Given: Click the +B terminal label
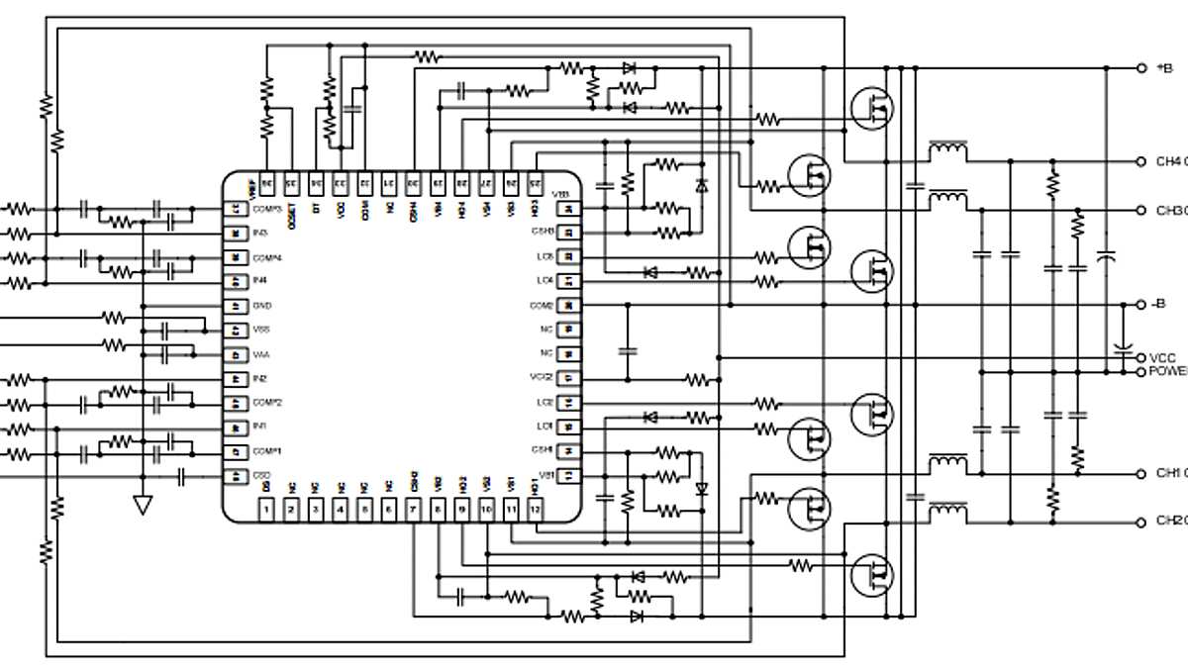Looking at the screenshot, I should (1164, 68).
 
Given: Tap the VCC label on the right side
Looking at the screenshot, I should (1163, 357).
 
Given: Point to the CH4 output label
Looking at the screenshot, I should (1169, 161).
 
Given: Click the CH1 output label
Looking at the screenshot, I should (1169, 473).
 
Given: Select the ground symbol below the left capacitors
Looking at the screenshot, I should (143, 505).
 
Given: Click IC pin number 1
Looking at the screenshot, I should (266, 510).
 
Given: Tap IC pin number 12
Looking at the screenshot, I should (535, 510).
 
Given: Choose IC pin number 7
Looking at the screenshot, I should (413, 510).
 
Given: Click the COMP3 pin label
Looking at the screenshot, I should (268, 209).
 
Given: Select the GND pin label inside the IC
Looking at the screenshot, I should (262, 306).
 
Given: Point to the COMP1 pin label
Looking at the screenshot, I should (267, 451).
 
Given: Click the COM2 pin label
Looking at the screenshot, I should (542, 306).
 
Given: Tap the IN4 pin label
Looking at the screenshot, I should (260, 281).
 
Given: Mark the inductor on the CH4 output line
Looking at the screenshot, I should (948, 150).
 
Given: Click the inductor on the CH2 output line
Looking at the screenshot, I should (948, 510).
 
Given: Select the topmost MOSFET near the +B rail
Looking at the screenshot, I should (871, 107).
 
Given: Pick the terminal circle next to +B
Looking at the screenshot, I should (1140, 68).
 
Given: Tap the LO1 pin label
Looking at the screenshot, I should (544, 427).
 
